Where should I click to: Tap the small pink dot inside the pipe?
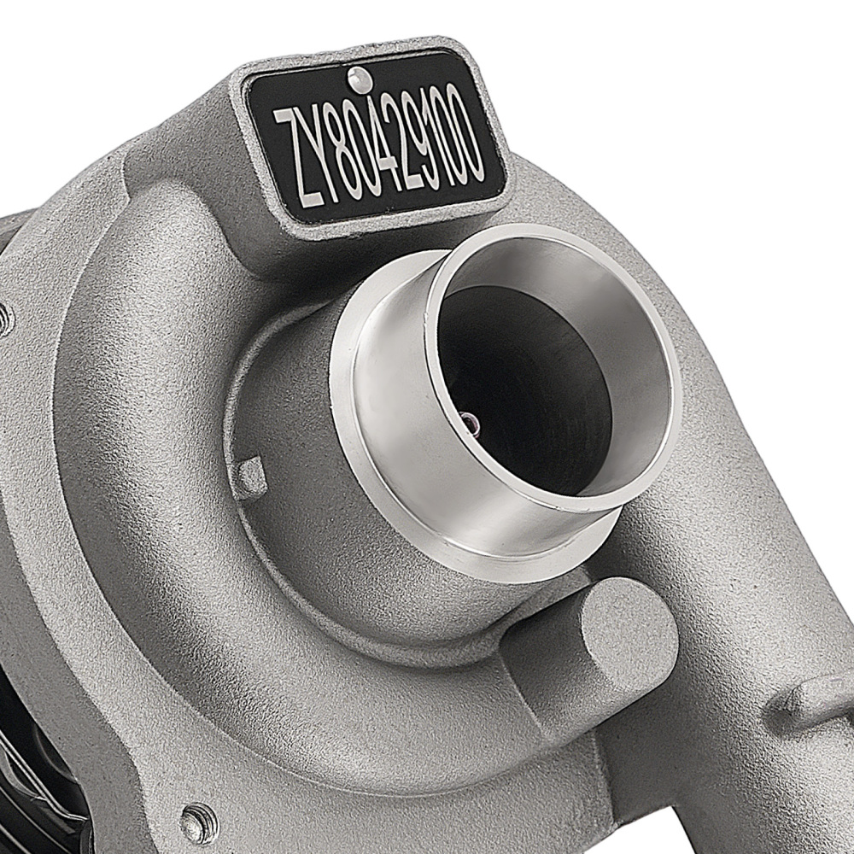tap(468, 419)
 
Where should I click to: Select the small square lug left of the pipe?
tap(252, 477)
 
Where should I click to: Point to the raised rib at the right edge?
tap(811, 700)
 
